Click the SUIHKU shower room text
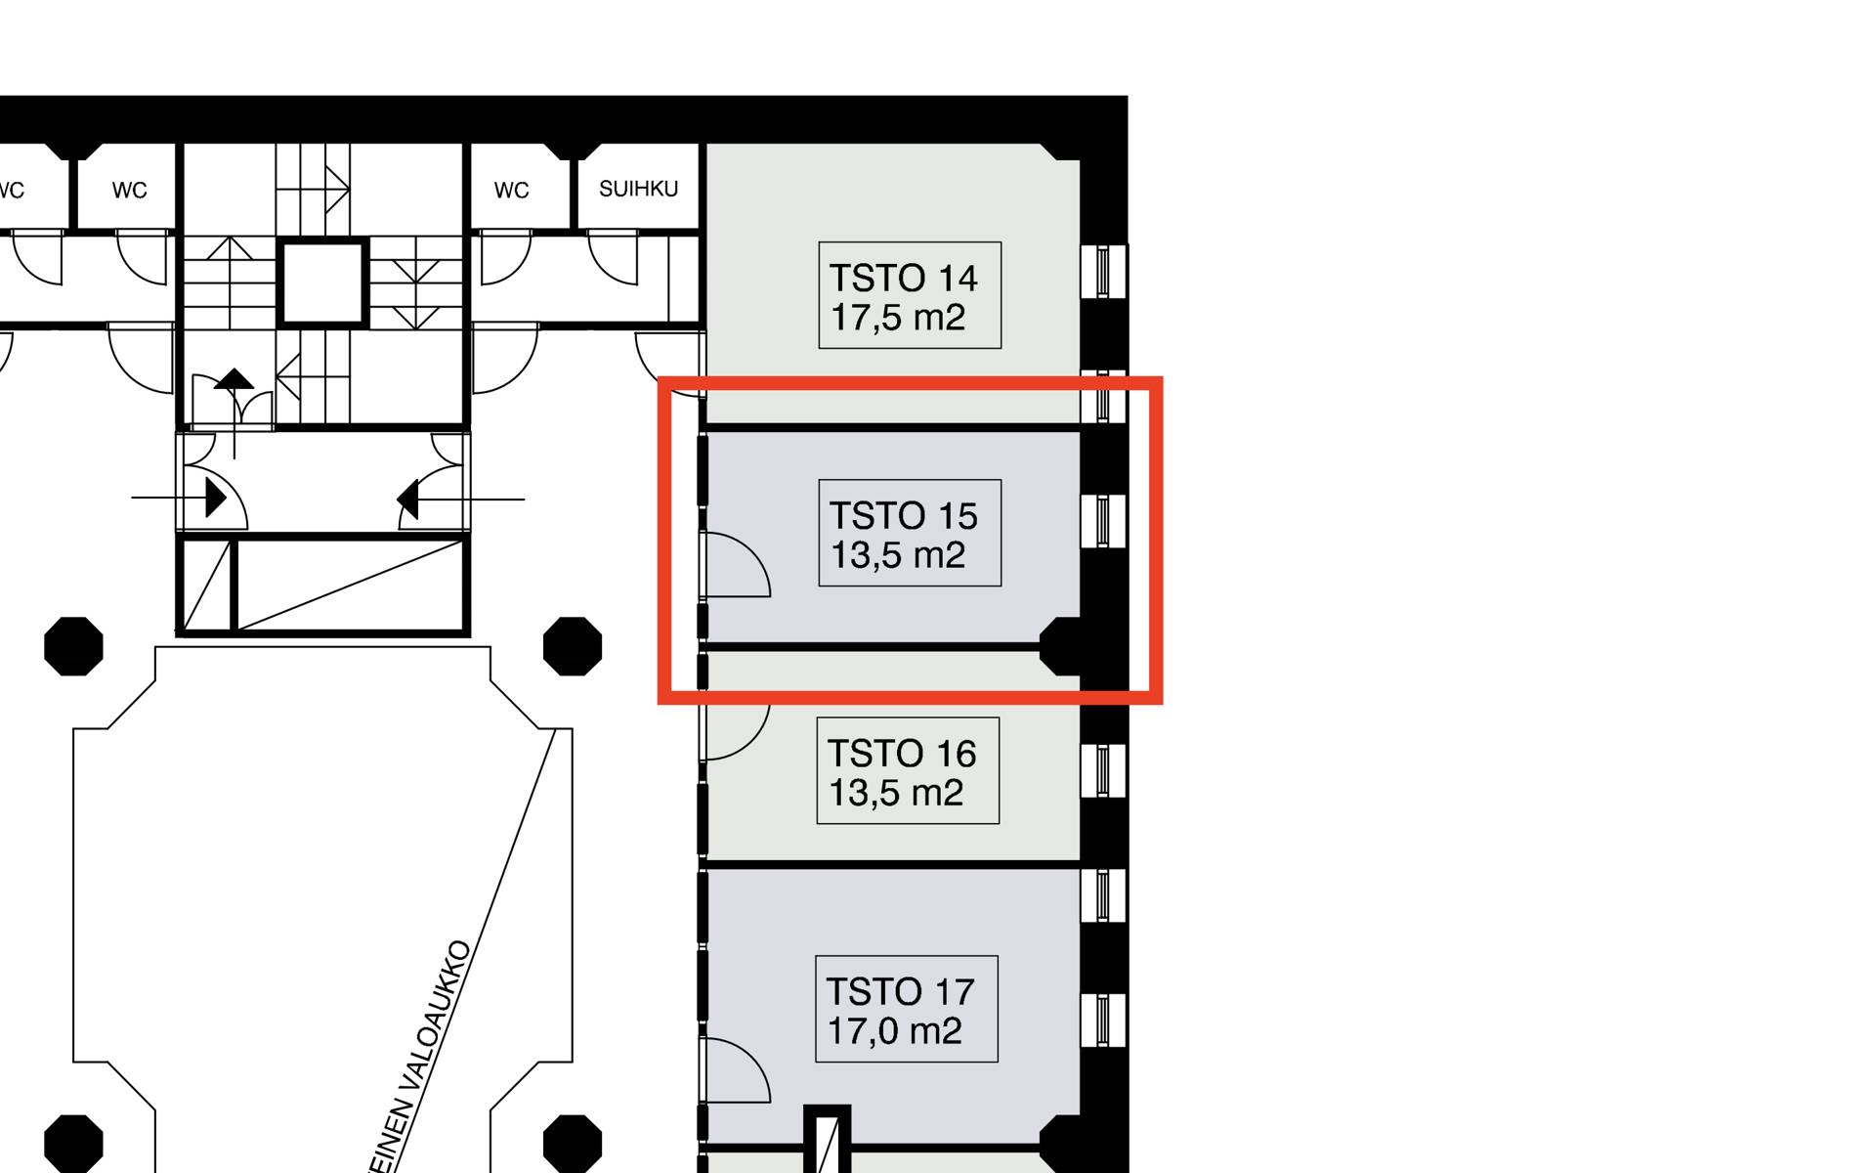(x=638, y=189)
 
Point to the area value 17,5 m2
(x=898, y=318)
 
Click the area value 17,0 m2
(x=895, y=1031)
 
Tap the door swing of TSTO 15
(x=736, y=565)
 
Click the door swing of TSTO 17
(x=736, y=1070)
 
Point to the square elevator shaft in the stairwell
(x=322, y=283)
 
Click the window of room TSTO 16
(x=1103, y=770)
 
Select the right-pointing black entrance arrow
(x=216, y=499)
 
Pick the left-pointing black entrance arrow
(x=408, y=500)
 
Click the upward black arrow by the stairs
(x=234, y=379)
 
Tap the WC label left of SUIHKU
(x=511, y=191)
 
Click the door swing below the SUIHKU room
(x=613, y=257)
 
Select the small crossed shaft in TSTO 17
(x=828, y=1139)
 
